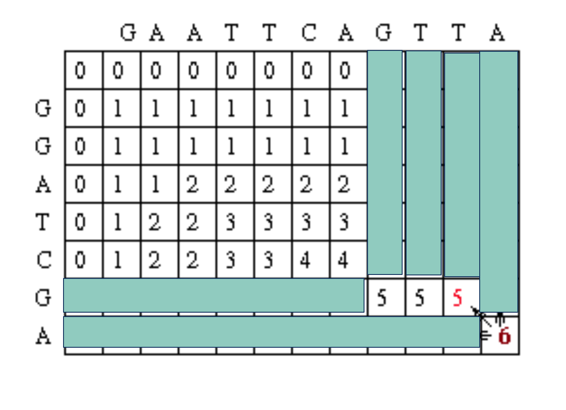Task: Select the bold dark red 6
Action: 504,336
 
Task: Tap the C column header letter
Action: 309,33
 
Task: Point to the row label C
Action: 44,260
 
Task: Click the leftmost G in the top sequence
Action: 128,33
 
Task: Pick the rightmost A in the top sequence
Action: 497,33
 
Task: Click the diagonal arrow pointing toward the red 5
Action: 481,316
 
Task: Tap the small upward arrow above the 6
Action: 499,319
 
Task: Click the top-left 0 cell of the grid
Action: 80,70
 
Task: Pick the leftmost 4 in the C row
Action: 305,260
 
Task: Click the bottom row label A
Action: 43,336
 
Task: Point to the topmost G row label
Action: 43,108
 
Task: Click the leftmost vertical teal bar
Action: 385,162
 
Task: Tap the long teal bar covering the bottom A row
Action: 272,332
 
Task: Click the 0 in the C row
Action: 80,260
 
